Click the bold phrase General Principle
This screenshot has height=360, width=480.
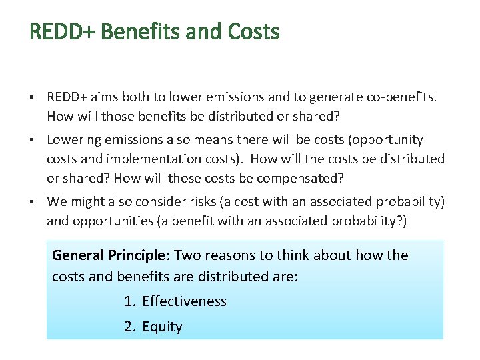(x=107, y=255)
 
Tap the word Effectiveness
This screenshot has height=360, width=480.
(x=184, y=301)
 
